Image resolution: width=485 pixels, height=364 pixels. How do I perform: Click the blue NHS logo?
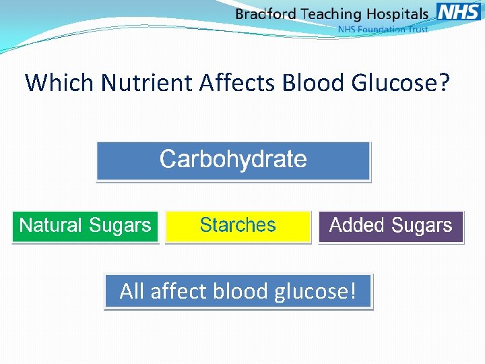(x=458, y=11)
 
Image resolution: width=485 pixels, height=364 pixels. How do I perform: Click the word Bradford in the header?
(x=267, y=14)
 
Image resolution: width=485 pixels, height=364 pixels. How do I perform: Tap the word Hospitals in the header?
(x=397, y=14)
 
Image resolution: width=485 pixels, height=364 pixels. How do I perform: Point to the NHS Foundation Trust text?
(x=383, y=30)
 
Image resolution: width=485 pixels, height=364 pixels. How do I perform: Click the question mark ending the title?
(x=445, y=83)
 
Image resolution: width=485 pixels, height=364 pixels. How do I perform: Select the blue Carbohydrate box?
(x=233, y=160)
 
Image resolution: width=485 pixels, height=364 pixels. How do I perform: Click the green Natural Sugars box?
(x=85, y=226)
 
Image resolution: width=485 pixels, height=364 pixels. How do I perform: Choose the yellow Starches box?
(x=238, y=226)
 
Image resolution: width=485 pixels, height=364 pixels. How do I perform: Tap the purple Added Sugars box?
(x=391, y=226)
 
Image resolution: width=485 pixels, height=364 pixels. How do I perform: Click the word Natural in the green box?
(x=51, y=226)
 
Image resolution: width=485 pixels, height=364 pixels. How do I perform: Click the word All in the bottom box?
(x=133, y=291)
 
